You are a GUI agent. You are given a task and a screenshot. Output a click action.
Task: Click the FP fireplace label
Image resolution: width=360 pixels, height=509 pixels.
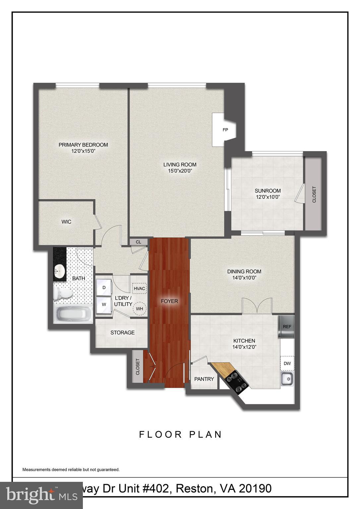[x=225, y=130]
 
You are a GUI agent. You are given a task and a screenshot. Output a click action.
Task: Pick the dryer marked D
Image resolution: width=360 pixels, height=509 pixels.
[x=104, y=288]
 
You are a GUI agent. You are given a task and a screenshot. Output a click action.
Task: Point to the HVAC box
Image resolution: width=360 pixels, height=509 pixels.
[x=139, y=289]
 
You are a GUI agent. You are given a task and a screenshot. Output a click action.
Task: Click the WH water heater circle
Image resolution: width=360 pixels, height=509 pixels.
[x=139, y=309]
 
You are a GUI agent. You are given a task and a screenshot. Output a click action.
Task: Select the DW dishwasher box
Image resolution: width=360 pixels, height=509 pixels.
[x=287, y=363]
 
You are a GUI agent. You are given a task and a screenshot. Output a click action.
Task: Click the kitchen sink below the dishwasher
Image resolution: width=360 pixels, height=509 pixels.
[x=287, y=378]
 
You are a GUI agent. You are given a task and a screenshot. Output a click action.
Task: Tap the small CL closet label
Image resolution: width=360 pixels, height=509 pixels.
[x=139, y=242]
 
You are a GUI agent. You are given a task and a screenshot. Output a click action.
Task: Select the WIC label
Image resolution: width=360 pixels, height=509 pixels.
[x=66, y=222]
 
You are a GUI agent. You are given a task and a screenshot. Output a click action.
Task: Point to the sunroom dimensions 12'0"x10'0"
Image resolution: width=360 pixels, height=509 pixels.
[x=268, y=197]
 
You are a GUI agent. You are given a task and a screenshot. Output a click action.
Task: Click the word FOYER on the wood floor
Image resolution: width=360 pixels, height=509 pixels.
[x=169, y=301]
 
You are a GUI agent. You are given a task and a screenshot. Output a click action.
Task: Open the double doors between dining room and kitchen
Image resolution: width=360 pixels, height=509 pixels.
[x=257, y=306]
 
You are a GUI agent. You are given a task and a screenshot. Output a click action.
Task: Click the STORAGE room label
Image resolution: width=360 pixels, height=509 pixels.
[x=122, y=332]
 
